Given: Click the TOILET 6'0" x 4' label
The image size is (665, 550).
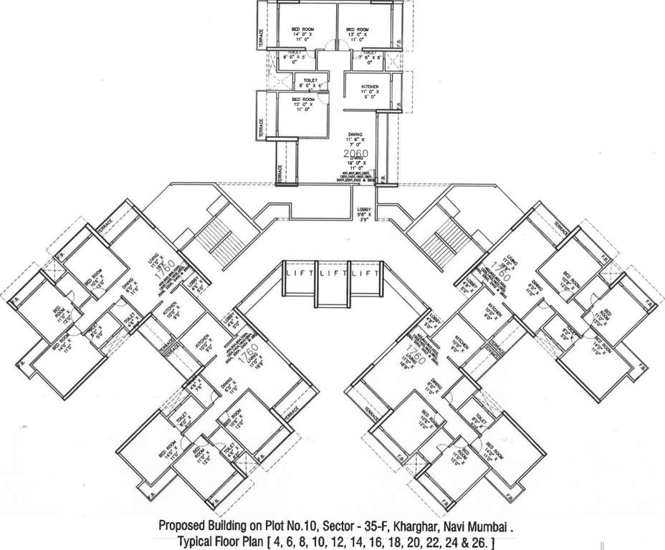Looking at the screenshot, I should click(310, 83).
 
